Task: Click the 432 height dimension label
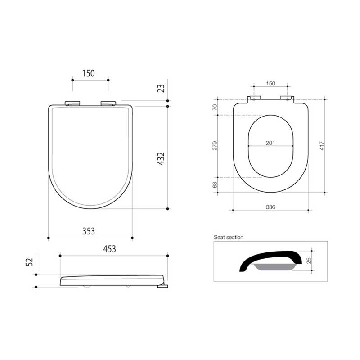coord(161,159)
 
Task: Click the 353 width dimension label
coord(89,231)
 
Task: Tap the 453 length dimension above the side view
coord(109,249)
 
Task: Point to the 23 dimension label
coord(161,88)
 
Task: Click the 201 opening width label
coord(270,143)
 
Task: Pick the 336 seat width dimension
coord(270,207)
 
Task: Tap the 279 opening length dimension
coord(215,146)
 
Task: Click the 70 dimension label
coord(215,107)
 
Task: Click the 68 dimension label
coord(215,184)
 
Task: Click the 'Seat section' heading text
coord(229,237)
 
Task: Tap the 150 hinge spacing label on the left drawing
coord(89,73)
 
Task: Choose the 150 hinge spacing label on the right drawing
coord(270,84)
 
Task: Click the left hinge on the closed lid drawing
coord(73,103)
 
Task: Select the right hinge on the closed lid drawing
coord(108,103)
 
